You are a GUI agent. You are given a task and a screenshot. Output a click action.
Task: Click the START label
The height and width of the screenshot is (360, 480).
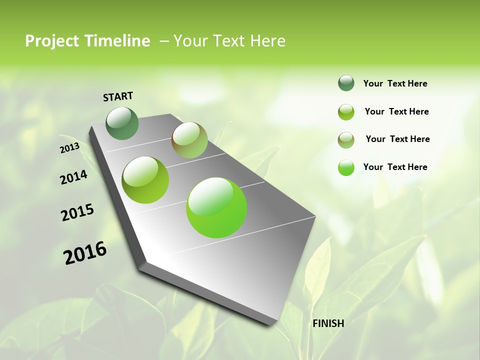[x=118, y=96]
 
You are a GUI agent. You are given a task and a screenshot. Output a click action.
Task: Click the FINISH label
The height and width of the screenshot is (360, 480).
[x=328, y=323]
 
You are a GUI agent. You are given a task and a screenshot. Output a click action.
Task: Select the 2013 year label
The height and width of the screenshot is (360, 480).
[x=69, y=148]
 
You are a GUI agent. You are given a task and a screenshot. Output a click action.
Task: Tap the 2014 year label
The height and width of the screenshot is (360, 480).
[x=73, y=177]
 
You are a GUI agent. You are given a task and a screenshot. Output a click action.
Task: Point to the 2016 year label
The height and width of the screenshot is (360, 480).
[x=85, y=253]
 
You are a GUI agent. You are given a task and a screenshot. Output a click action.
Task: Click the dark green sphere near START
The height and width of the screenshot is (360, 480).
[x=122, y=123]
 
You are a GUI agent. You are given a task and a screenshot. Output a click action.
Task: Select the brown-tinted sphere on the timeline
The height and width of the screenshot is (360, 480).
[x=189, y=140]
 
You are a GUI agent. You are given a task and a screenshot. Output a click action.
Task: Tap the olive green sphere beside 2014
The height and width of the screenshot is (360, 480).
[x=145, y=180]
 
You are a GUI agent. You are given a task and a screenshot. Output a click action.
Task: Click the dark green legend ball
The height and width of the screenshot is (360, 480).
[x=346, y=83]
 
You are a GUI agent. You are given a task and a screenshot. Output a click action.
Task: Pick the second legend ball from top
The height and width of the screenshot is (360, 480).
[x=346, y=112]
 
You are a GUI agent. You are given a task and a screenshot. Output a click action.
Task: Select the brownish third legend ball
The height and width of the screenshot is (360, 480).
[x=346, y=139]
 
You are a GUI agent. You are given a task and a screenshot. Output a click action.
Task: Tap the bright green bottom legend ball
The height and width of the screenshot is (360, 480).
[x=346, y=167]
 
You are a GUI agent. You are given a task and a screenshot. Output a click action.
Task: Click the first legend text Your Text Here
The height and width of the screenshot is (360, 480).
[x=395, y=83]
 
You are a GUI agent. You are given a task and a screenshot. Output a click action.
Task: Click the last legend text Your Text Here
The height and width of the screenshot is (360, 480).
[x=395, y=167]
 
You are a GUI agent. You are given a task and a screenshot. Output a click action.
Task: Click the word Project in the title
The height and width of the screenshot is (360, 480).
[x=51, y=41]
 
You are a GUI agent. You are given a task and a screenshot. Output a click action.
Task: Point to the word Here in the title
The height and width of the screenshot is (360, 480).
[x=267, y=41]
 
